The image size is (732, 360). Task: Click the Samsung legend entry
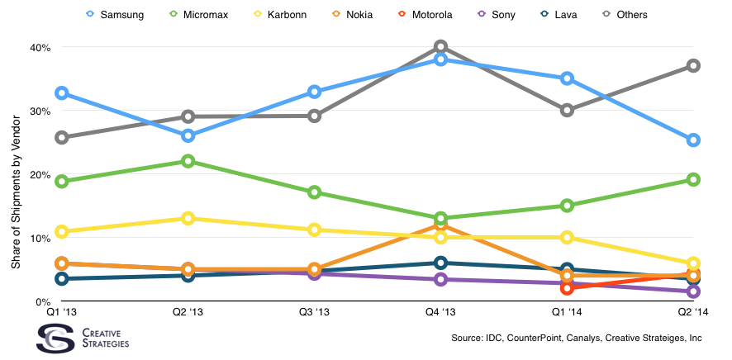116,15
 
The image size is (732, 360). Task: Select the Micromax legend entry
199,15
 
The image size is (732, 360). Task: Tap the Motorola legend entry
425,15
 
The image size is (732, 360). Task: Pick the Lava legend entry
559,15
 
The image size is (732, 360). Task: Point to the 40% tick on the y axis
40,48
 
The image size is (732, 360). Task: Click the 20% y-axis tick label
40,174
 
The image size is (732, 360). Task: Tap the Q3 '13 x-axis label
314,312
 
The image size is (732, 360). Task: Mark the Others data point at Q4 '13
440,46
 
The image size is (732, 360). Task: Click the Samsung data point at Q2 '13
188,135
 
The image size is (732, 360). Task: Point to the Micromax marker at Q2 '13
188,161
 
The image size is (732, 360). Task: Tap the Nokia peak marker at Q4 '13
440,225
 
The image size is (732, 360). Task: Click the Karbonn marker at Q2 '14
693,263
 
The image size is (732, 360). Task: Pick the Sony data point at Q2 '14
693,291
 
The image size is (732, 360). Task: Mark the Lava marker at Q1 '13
61,279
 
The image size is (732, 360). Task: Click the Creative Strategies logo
83,338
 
